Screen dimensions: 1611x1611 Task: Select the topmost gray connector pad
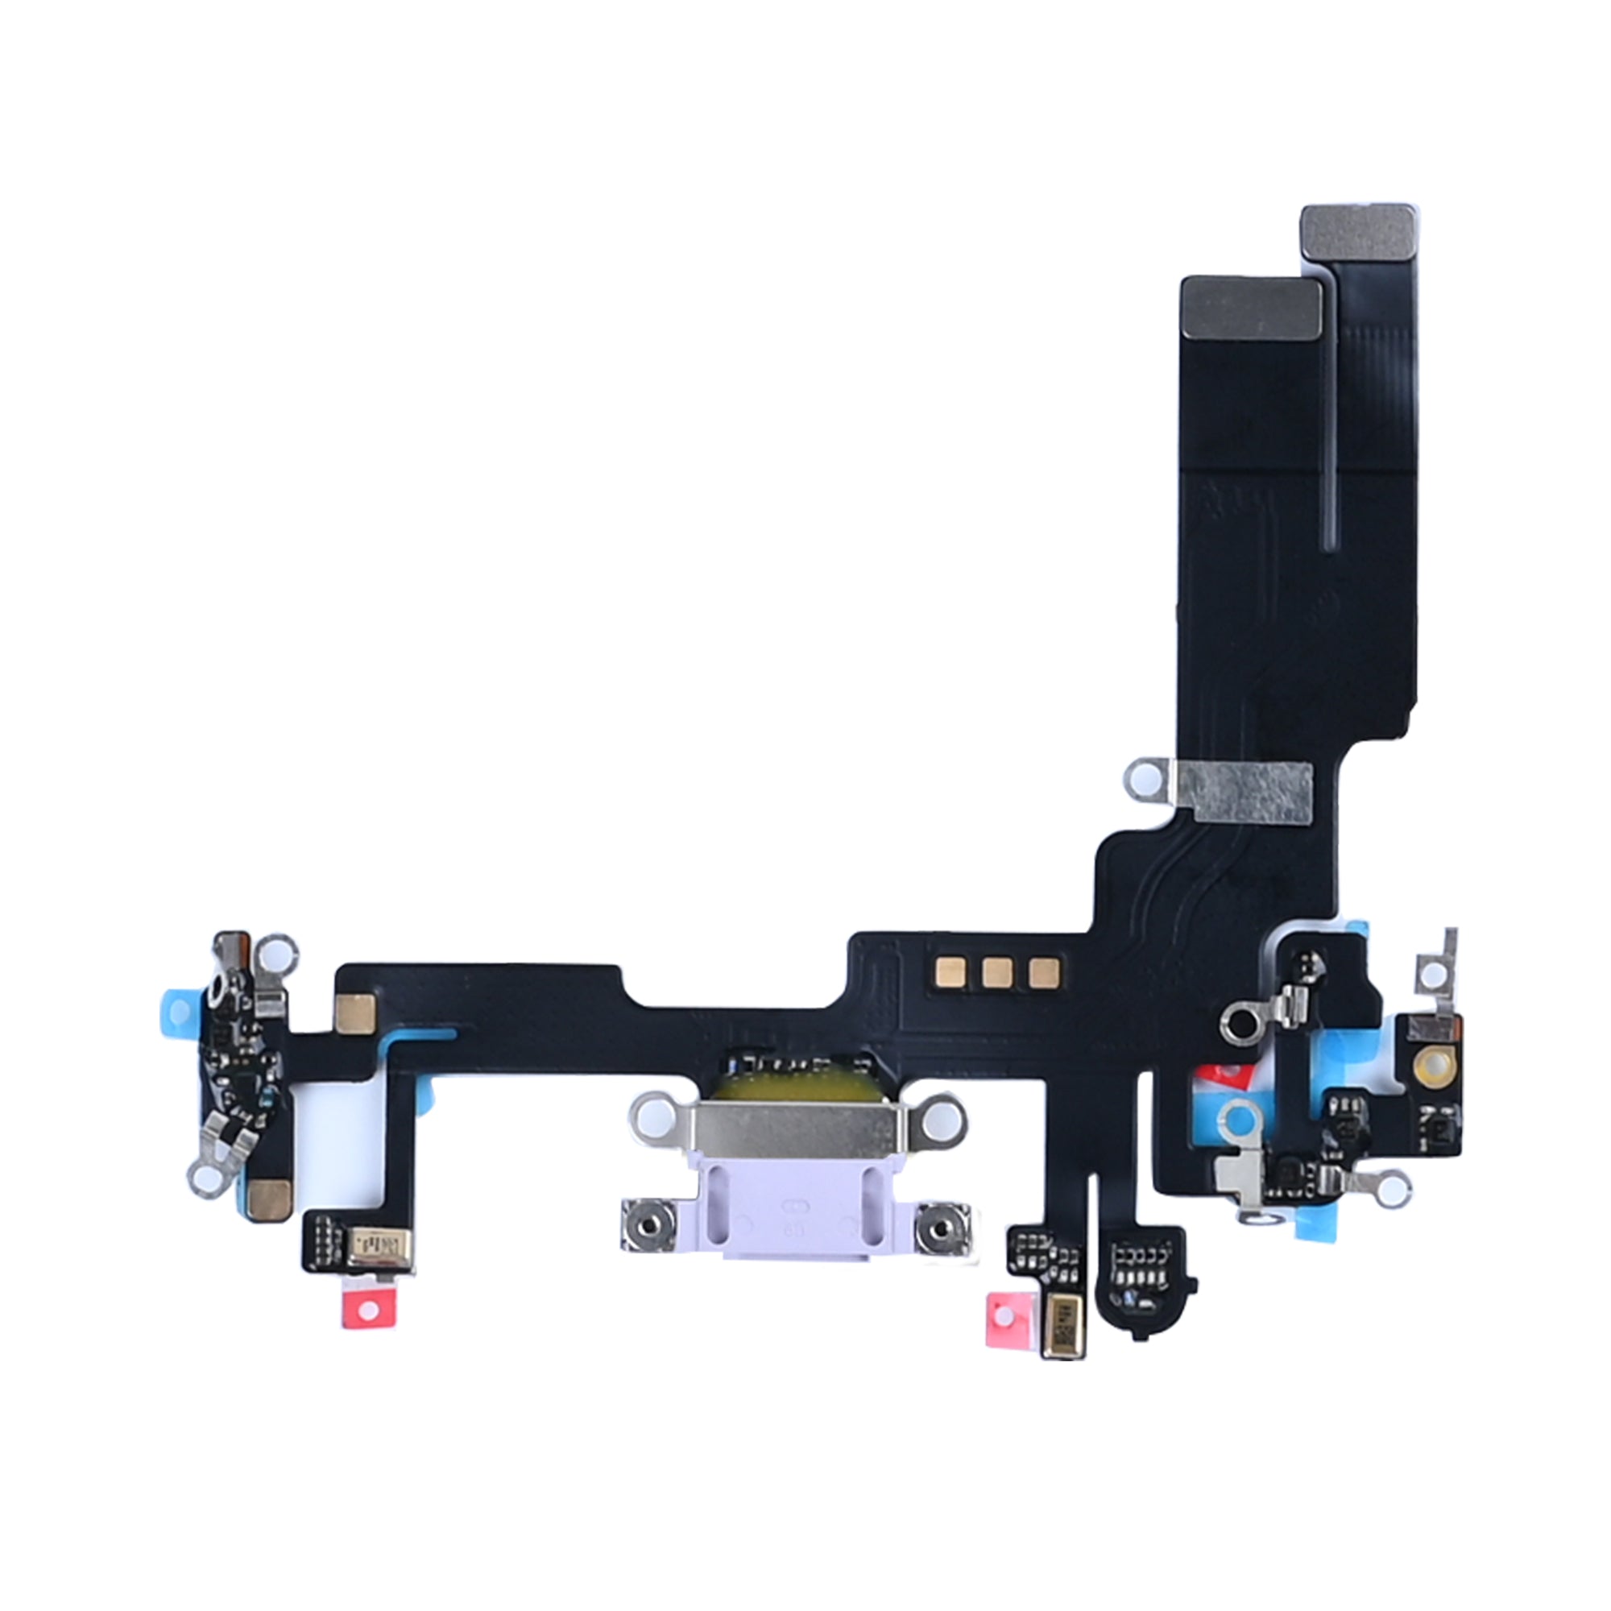[1358, 241]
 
